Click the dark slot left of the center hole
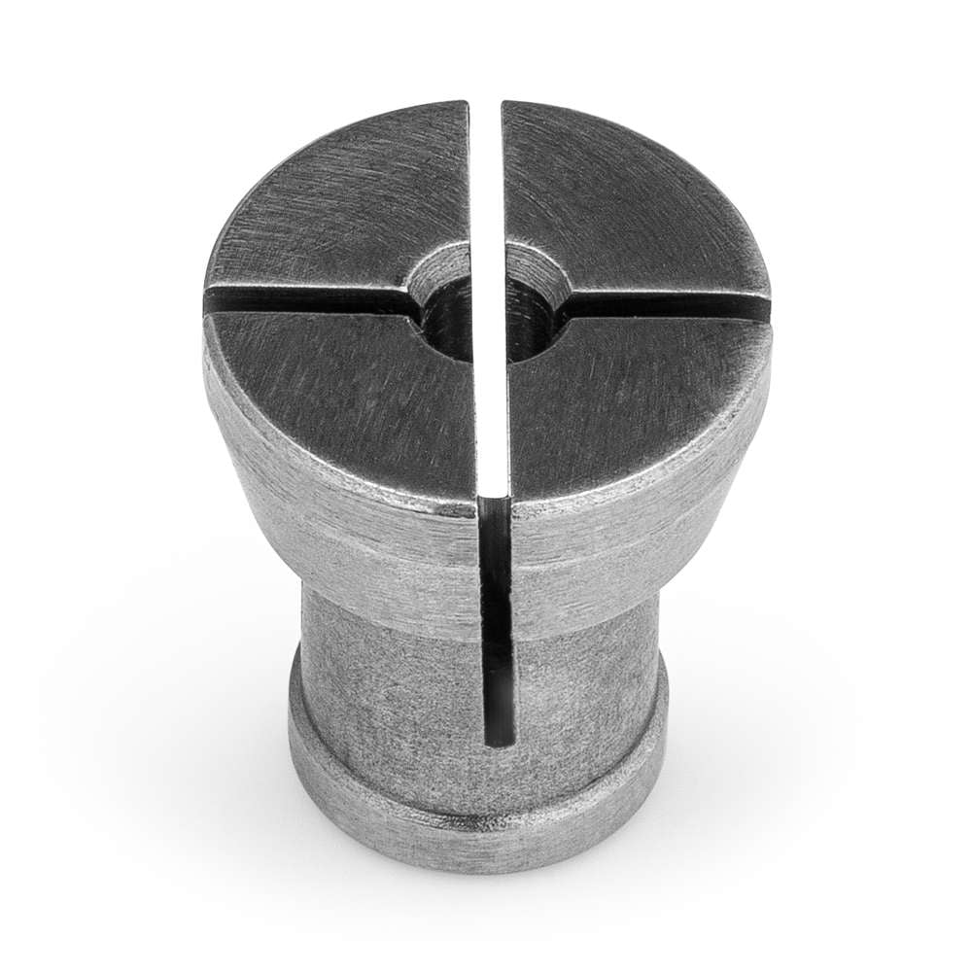click(311, 300)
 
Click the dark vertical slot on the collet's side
click(496, 622)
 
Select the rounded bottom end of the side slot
click(497, 739)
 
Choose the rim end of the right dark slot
click(764, 309)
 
